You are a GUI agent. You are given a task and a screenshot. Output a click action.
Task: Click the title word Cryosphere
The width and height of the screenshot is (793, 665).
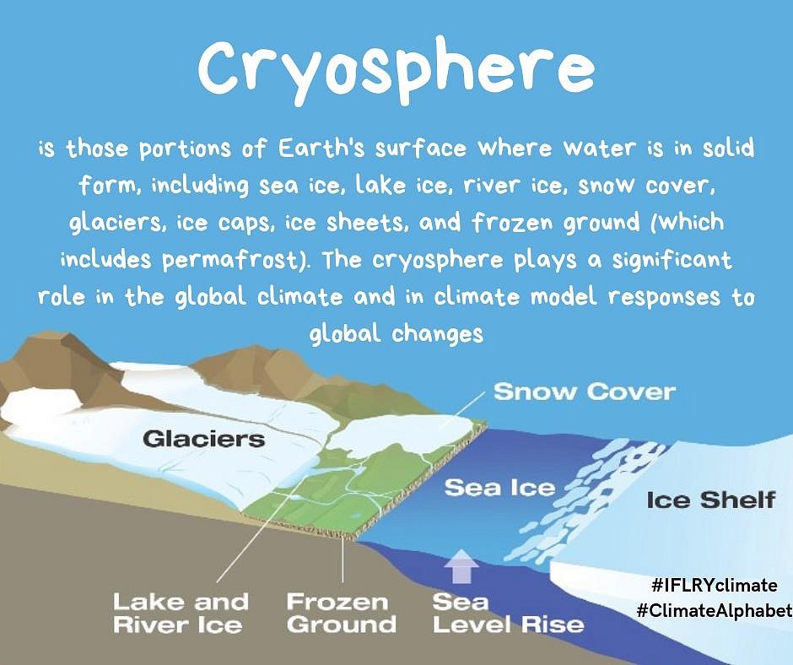396,70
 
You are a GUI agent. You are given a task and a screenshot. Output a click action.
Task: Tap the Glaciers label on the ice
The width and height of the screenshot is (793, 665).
204,438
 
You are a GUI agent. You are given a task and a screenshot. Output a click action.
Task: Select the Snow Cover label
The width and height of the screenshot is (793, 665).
584,392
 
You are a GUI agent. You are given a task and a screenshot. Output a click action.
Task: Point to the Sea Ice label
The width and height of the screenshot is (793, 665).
499,488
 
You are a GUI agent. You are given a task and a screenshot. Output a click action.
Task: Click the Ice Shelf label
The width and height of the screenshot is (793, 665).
710,500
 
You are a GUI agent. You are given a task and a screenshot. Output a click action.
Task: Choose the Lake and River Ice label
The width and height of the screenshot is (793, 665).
181,614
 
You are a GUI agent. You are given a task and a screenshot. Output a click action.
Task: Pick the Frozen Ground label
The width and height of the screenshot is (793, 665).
341,614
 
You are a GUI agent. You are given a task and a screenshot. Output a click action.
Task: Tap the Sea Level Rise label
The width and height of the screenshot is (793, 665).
508,614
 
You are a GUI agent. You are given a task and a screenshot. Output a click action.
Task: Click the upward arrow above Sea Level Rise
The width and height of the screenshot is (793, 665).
461,565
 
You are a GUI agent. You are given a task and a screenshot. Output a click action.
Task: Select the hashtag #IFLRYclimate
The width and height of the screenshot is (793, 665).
715,586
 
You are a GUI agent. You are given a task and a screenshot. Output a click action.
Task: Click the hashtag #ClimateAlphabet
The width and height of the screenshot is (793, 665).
714,610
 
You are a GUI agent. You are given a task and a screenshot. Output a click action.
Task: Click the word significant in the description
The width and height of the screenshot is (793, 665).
672,260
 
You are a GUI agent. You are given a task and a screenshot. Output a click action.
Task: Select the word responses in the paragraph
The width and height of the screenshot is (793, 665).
664,298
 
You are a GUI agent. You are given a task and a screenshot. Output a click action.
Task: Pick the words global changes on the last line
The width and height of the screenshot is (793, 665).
396,334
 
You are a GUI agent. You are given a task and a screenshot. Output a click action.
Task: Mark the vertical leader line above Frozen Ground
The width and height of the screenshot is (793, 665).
343,560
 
